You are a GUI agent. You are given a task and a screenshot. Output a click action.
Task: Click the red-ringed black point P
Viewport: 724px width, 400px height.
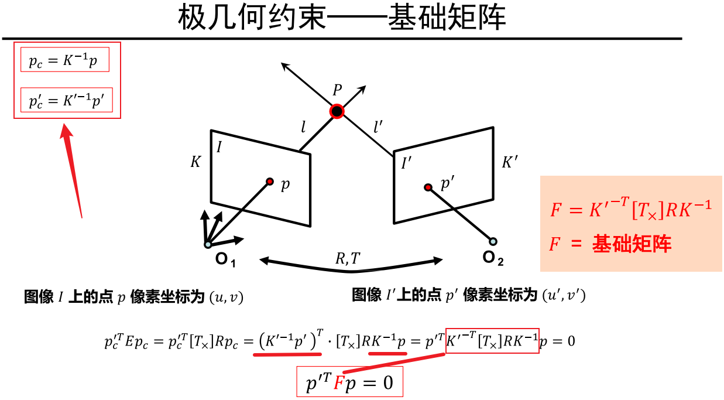click(337, 111)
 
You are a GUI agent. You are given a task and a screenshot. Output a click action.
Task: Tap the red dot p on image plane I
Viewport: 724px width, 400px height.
click(270, 182)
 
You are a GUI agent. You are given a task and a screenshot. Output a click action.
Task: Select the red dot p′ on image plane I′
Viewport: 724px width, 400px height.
click(428, 187)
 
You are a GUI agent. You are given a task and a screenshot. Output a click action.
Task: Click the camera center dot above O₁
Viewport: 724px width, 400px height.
click(208, 244)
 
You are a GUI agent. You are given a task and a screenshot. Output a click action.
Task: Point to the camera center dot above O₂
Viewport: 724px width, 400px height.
click(493, 241)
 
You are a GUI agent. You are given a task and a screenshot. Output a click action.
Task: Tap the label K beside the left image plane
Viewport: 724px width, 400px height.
click(195, 162)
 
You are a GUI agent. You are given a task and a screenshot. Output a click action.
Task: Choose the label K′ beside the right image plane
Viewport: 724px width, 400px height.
click(510, 162)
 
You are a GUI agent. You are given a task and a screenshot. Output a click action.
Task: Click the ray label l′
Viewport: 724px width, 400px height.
click(378, 126)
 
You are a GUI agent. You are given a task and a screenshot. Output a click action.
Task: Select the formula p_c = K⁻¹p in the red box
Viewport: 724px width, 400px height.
click(64, 60)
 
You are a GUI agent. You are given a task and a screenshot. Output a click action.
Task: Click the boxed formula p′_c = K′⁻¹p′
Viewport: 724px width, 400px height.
click(67, 101)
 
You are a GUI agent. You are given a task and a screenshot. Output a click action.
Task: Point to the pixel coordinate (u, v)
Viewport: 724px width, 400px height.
click(226, 298)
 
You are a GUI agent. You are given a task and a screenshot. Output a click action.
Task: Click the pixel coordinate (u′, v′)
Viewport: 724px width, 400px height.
click(564, 295)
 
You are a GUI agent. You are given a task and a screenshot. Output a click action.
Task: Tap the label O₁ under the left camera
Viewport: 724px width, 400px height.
click(225, 258)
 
